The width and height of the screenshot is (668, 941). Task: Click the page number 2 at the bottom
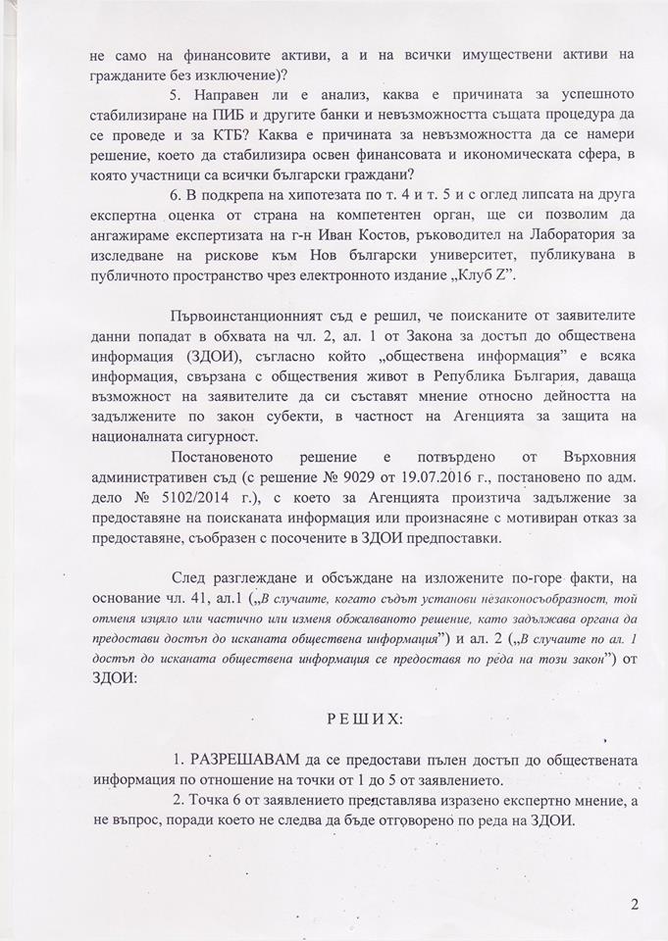pos(635,904)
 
